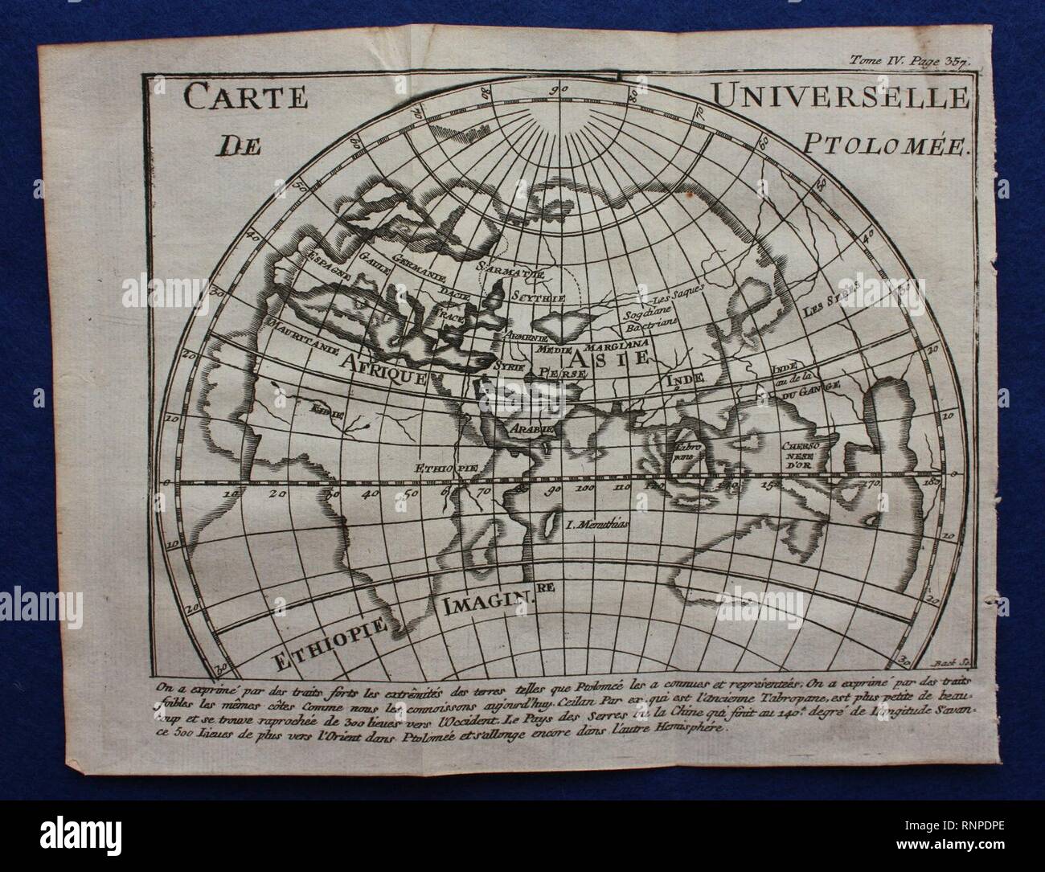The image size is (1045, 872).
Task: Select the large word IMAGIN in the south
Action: [485, 598]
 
